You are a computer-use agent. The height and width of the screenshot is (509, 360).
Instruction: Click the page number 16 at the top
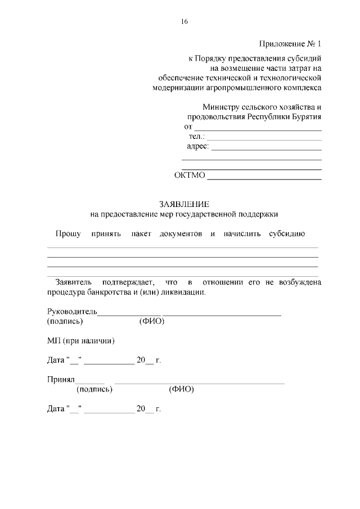coord(184,22)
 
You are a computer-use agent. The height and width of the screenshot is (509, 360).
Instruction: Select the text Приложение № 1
coord(290,44)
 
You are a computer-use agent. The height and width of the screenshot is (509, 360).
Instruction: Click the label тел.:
coord(197,137)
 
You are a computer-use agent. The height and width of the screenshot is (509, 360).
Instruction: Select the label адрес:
coord(197,147)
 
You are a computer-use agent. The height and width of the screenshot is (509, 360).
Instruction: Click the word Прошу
coord(67,233)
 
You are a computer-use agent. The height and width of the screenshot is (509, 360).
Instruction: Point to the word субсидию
coord(286,233)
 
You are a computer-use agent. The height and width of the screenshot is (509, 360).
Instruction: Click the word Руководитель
coord(72,312)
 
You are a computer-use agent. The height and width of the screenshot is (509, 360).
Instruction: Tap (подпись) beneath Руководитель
coord(65,322)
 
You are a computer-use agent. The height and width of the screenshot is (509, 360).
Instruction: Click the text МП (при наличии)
coord(81,341)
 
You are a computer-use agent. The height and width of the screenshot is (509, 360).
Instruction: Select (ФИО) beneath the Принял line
coord(181,389)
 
